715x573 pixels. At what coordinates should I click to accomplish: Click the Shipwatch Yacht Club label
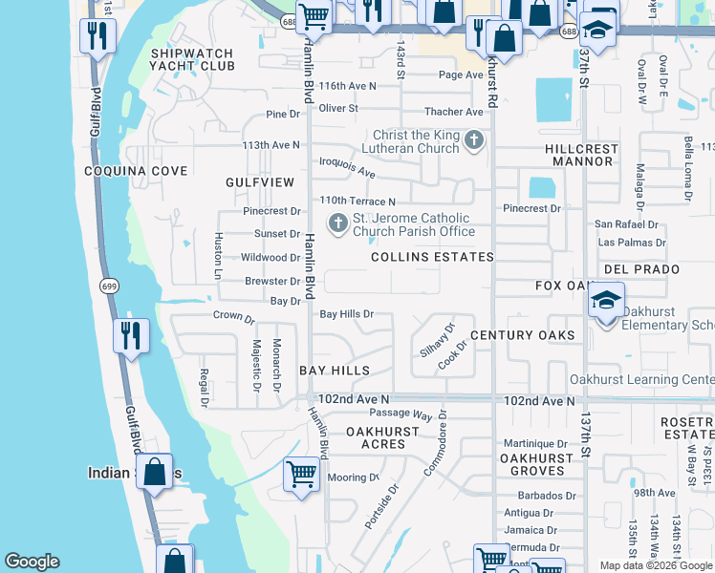pyautogui.click(x=191, y=59)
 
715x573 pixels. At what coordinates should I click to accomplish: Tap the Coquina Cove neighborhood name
pyautogui.click(x=135, y=171)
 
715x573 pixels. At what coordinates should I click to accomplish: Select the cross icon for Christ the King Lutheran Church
pyautogui.click(x=473, y=142)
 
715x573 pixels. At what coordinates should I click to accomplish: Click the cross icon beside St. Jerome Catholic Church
pyautogui.click(x=337, y=223)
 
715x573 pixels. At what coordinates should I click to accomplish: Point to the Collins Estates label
pyautogui.click(x=432, y=257)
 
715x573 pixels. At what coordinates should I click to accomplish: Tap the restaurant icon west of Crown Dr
pyautogui.click(x=129, y=335)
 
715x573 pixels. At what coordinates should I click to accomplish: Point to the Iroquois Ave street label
pyautogui.click(x=347, y=169)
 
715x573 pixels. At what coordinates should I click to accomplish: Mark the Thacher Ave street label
pyautogui.click(x=454, y=112)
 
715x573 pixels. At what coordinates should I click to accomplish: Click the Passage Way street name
pyautogui.click(x=401, y=414)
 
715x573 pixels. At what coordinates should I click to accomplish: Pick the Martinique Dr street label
pyautogui.click(x=535, y=443)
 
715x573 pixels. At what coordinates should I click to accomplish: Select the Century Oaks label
pyautogui.click(x=523, y=335)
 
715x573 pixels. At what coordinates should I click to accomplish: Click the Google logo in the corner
pyautogui.click(x=32, y=562)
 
